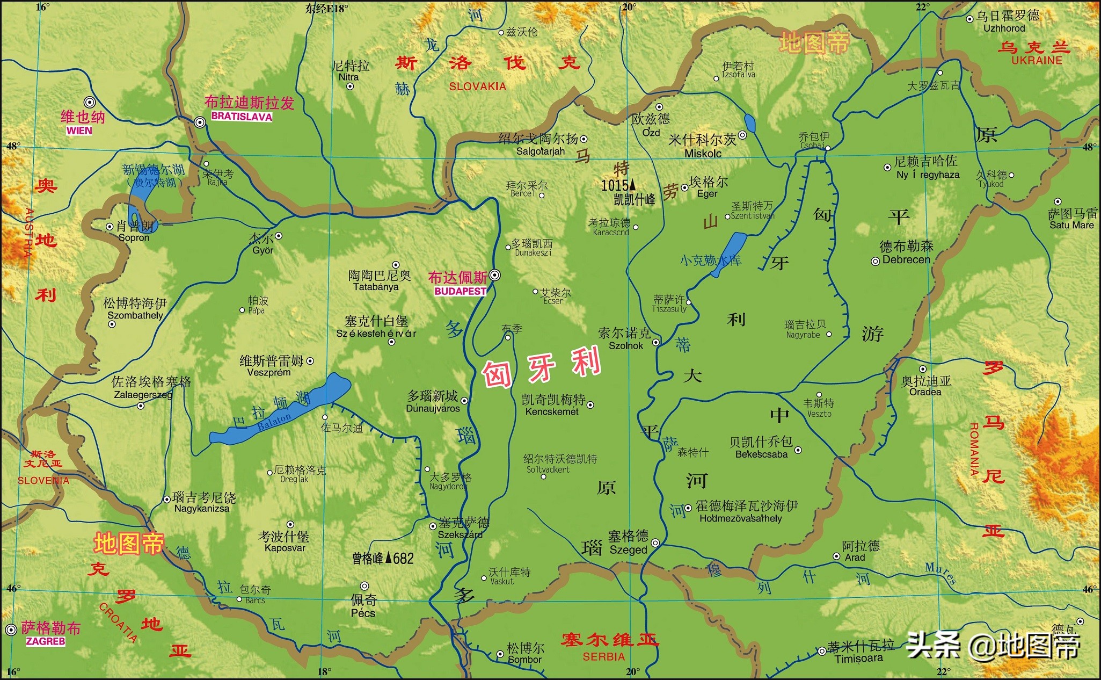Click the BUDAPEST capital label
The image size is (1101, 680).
click(460, 292)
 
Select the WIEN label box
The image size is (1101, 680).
click(79, 131)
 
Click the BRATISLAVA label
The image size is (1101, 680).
click(242, 117)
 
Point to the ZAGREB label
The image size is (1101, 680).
click(45, 641)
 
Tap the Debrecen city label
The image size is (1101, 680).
click(906, 259)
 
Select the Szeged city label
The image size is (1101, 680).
click(628, 549)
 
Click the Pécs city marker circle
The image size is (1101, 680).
click(364, 586)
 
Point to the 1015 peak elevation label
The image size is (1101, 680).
click(615, 186)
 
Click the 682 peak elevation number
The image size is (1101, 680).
click(403, 559)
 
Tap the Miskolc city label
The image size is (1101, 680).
click(703, 154)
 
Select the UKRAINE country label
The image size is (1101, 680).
click(1037, 61)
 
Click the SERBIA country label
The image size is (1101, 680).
click(603, 656)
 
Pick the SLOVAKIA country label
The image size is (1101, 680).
click(477, 86)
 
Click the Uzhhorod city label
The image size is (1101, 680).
click(1004, 28)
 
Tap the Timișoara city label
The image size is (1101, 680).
click(858, 659)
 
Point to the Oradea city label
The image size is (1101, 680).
click(925, 392)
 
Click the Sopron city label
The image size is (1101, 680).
click(134, 237)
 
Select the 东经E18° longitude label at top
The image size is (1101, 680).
click(326, 8)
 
